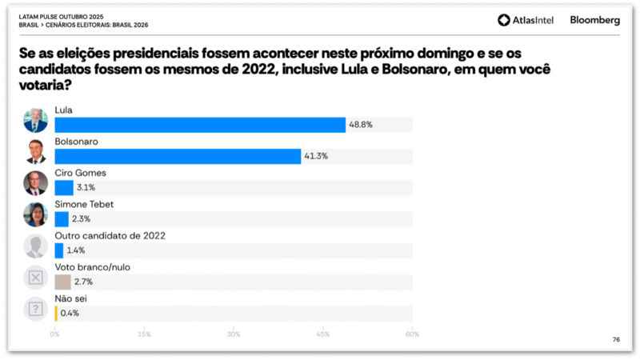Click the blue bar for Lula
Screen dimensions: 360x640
click(200, 125)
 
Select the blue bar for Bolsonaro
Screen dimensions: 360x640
click(178, 156)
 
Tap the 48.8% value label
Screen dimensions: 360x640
click(361, 125)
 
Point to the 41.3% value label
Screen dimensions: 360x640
click(315, 156)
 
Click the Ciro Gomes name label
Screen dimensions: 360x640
click(81, 173)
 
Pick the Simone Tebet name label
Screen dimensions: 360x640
click(84, 204)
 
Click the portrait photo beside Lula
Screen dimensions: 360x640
click(36, 120)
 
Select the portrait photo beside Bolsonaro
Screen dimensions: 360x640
click(36, 151)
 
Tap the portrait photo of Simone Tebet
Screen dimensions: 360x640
click(36, 214)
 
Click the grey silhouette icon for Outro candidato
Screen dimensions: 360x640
click(36, 246)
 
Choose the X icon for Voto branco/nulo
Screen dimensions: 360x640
click(36, 277)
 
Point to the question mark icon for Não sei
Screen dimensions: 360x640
click(36, 308)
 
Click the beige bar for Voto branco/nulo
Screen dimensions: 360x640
click(62, 282)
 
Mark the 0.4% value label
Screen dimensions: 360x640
click(70, 313)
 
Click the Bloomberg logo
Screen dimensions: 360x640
click(594, 21)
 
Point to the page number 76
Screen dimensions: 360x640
click(616, 340)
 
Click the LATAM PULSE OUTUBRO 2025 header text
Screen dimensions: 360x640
click(59, 17)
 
